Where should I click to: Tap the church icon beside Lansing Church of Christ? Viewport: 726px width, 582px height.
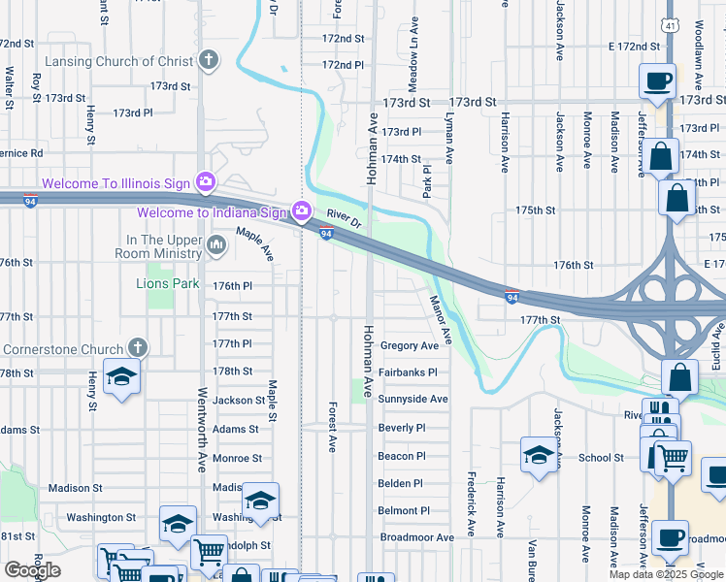207,61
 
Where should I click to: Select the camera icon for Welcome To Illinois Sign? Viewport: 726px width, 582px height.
205,181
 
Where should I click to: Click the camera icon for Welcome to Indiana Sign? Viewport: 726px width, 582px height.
302,210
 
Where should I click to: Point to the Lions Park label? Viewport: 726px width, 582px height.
167,284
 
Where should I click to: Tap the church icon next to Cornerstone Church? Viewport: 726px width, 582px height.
138,348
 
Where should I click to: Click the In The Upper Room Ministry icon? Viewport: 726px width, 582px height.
215,246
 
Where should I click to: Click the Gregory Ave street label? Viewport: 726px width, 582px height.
410,346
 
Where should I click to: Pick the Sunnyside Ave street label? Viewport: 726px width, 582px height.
412,399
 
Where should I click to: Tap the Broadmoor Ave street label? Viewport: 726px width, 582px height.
416,537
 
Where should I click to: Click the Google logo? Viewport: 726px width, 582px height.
32,570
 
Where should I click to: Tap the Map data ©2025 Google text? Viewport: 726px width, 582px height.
666,574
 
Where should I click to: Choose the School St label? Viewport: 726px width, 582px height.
602,458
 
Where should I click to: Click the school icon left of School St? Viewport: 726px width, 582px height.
539,454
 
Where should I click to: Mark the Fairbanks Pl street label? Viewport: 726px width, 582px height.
408,372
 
